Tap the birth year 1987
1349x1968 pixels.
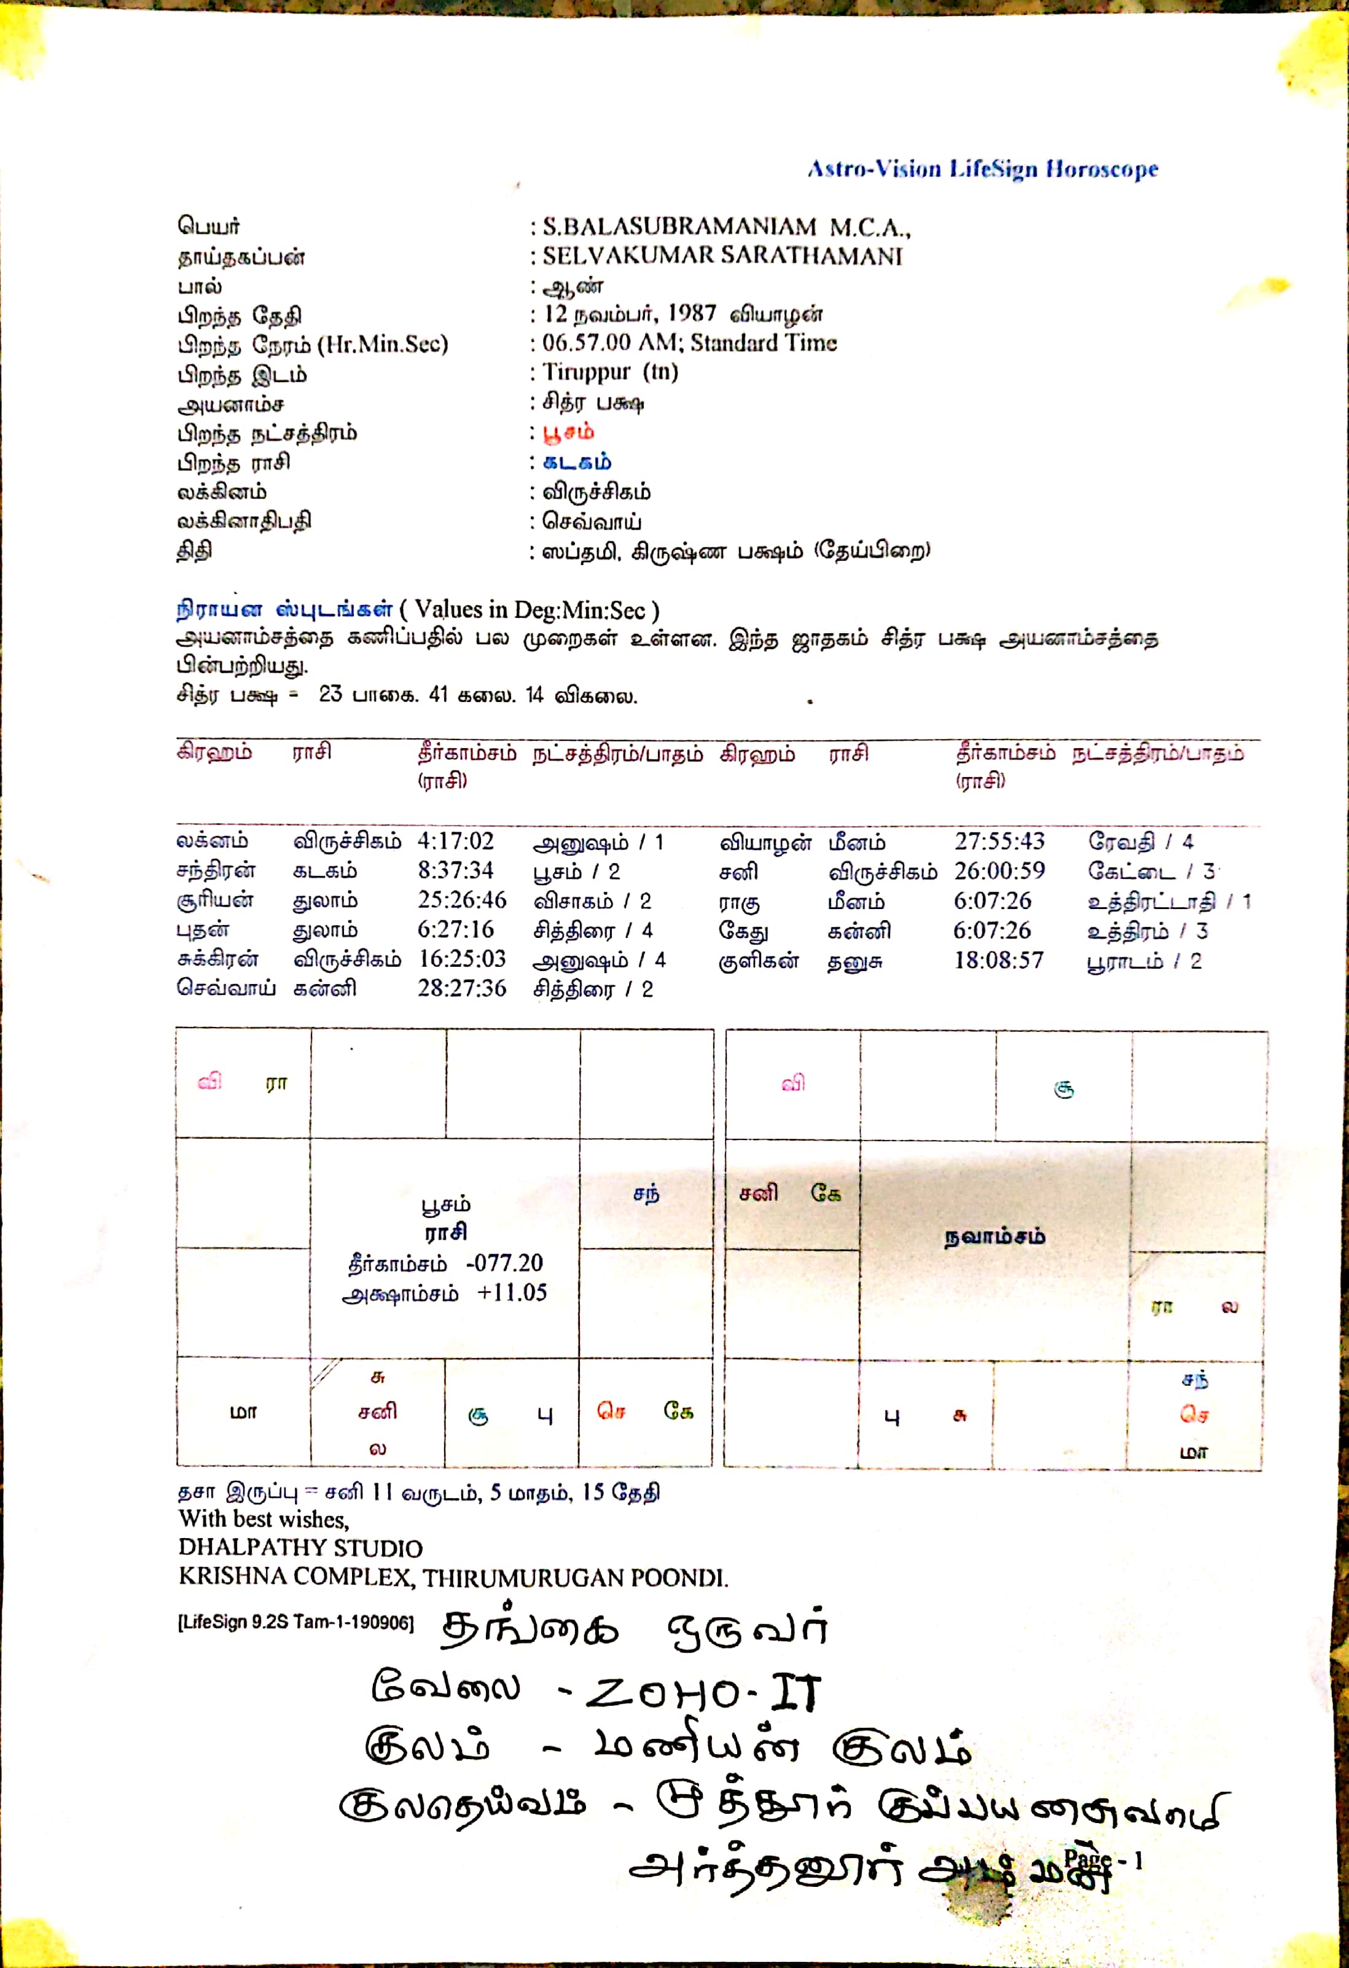[691, 313]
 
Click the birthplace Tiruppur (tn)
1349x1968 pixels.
[610, 372]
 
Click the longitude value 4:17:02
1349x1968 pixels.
[455, 841]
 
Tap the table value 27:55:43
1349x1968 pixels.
[999, 841]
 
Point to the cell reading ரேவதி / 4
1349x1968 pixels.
[1140, 841]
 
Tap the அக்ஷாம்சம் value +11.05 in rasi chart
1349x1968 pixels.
[512, 1293]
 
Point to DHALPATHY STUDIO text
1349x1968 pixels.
[300, 1548]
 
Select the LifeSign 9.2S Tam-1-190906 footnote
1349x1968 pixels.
[295, 1623]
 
